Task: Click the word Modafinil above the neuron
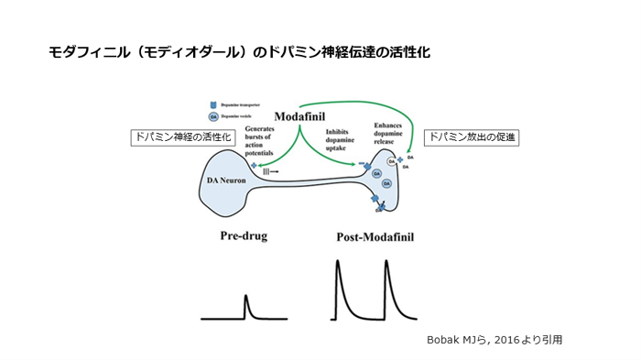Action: [301, 116]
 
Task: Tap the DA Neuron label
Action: [224, 180]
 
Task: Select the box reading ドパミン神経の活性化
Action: [182, 137]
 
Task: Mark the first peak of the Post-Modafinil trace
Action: [338, 263]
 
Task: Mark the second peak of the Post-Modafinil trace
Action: [386, 263]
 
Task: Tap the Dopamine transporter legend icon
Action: [214, 104]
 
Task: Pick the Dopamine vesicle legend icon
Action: [214, 116]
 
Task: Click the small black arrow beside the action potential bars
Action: [275, 171]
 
